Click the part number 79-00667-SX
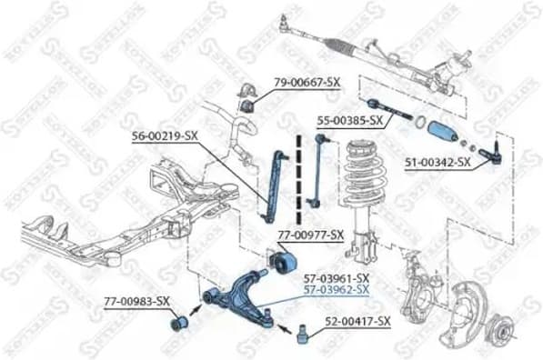point(307,84)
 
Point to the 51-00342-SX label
point(437,163)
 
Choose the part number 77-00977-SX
point(310,235)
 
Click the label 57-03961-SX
point(336,277)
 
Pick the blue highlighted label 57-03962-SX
point(336,290)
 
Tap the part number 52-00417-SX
point(357,322)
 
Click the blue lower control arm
point(241,295)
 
